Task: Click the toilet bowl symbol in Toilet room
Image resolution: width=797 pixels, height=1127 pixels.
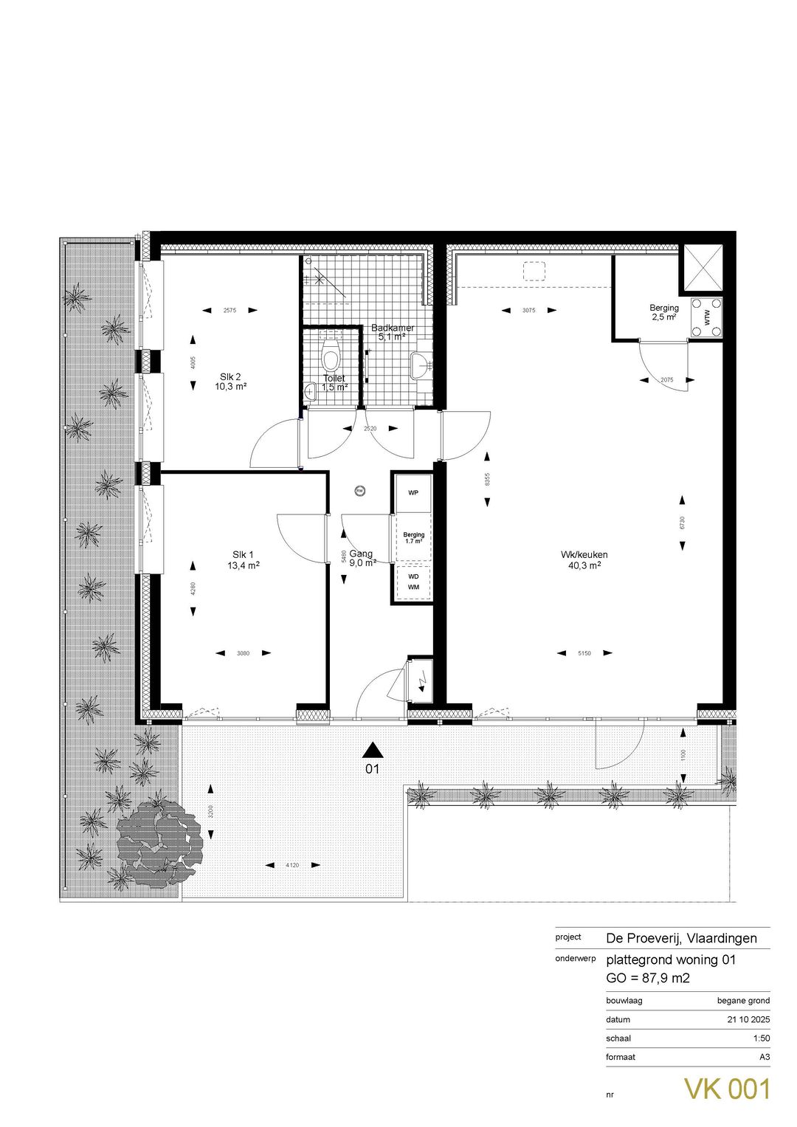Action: pyautogui.click(x=331, y=356)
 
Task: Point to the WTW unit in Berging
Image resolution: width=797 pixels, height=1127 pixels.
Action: pyautogui.click(x=707, y=318)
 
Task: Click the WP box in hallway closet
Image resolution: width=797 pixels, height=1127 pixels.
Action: pyautogui.click(x=413, y=493)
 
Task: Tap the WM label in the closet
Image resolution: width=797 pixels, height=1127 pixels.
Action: pyautogui.click(x=413, y=587)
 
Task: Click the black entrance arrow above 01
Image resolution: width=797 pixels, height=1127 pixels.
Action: pyautogui.click(x=373, y=750)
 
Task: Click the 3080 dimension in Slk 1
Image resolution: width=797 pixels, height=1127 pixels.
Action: pyautogui.click(x=244, y=652)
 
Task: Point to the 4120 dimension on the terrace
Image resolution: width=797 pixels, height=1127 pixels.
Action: pyautogui.click(x=293, y=865)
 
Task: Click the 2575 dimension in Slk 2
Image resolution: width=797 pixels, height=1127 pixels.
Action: pyautogui.click(x=230, y=311)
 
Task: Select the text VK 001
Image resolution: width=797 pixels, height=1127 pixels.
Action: pyautogui.click(x=727, y=1089)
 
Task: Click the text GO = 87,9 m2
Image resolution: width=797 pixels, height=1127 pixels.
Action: pyautogui.click(x=648, y=978)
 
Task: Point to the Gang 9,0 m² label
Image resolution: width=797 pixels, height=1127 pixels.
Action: pyautogui.click(x=362, y=557)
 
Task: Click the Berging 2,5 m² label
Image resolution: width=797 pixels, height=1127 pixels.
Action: pyautogui.click(x=663, y=312)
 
